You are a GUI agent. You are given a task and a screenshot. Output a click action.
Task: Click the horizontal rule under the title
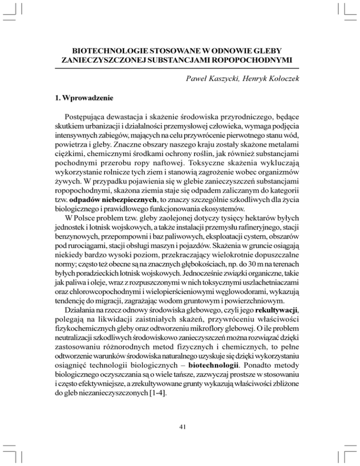click(180, 68)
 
